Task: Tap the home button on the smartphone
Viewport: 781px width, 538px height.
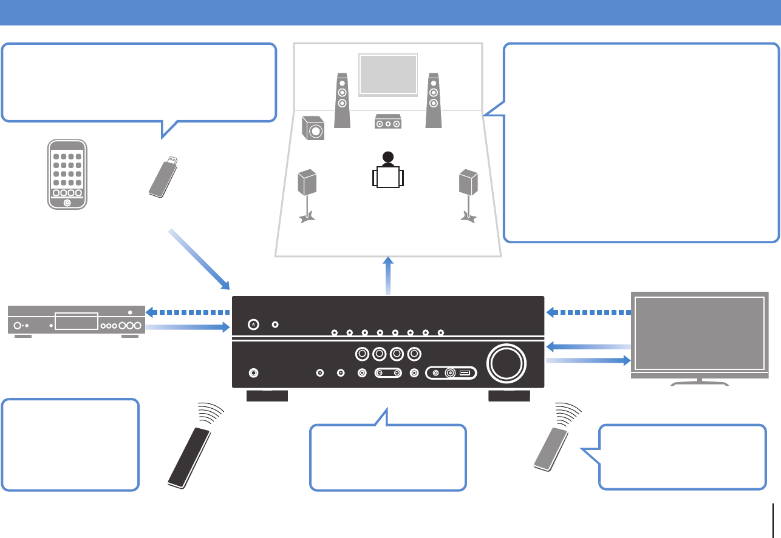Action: tap(67, 202)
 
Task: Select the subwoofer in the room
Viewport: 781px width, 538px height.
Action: tap(313, 128)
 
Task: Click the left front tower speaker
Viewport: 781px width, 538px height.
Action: tap(342, 100)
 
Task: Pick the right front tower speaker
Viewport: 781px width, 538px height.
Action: tap(433, 100)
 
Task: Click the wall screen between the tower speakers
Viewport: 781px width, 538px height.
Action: tap(388, 74)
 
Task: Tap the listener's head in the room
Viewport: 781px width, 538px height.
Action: tap(387, 156)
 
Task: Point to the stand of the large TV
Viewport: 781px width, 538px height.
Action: tap(700, 382)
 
